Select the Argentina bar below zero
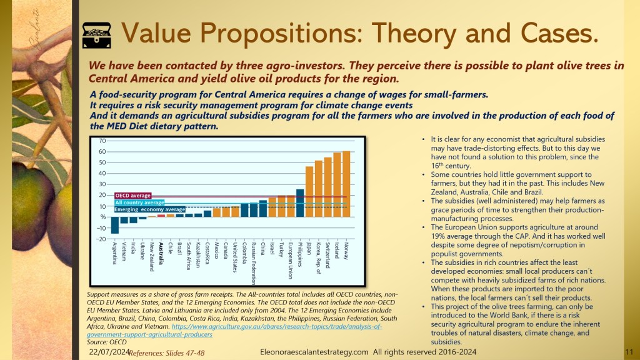click(115, 225)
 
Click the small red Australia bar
click(161, 216)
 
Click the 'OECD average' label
click(133, 196)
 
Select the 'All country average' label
click(139, 202)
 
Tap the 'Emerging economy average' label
click(150, 209)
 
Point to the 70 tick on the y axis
click(102, 141)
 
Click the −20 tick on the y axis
click(101, 239)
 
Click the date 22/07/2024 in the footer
click(108, 352)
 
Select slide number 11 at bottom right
click(629, 352)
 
